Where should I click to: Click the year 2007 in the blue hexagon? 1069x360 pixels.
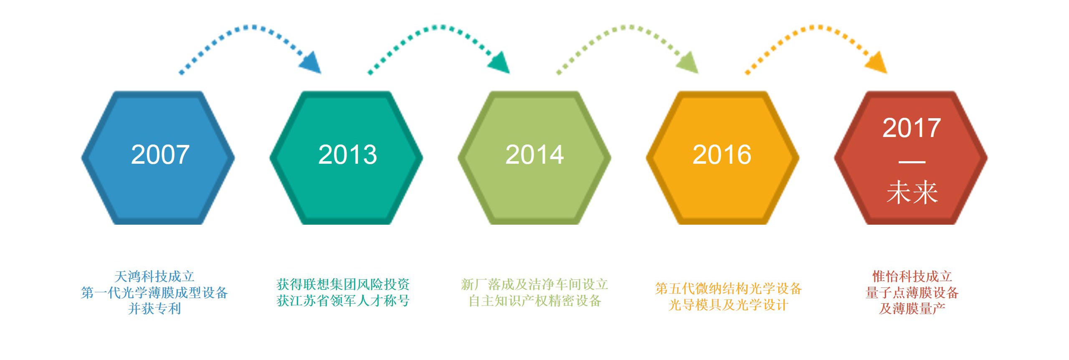(160, 155)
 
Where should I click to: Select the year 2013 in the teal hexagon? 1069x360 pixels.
(347, 155)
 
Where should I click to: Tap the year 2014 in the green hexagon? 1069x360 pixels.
(534, 155)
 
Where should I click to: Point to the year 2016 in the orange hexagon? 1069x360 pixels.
(722, 155)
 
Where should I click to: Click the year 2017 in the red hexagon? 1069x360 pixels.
(912, 128)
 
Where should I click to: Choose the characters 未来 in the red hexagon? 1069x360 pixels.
(912, 193)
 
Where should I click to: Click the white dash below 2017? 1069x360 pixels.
(912, 162)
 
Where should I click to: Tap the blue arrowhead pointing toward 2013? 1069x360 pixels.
(311, 63)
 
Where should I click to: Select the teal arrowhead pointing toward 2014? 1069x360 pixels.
(499, 63)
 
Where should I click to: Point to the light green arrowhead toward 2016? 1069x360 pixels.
(688, 63)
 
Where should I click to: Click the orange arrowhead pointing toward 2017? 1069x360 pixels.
(876, 63)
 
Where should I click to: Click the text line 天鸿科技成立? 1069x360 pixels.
(155, 276)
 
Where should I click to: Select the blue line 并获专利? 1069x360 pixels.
(155, 309)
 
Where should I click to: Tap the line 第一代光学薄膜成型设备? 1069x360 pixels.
(155, 292)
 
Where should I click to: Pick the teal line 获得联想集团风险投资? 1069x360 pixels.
(343, 284)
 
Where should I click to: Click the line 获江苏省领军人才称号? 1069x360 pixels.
(343, 301)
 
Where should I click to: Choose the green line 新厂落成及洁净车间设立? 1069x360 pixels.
(534, 284)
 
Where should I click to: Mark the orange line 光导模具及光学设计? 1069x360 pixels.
(728, 305)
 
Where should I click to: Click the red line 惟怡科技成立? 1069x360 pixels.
(912, 276)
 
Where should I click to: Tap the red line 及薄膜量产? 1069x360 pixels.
(912, 309)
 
